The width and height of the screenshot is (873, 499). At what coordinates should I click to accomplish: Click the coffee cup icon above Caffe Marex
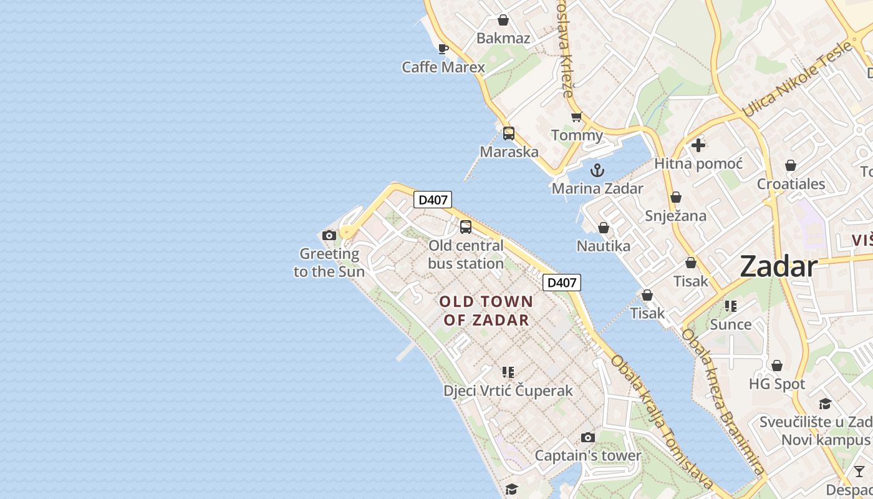pos(443,49)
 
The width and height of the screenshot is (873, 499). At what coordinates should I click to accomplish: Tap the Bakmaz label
pos(503,38)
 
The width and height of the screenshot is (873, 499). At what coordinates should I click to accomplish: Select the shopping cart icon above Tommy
pos(576,117)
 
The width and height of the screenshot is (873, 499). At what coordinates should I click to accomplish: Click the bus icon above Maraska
pos(509,133)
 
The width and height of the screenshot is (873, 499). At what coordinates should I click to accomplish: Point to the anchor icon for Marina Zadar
pos(597,170)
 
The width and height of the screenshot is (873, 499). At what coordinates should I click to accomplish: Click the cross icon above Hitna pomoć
pos(698,145)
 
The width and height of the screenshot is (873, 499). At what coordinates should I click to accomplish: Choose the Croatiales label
pos(791,184)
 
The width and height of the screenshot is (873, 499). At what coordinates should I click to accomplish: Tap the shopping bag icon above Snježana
pos(675,198)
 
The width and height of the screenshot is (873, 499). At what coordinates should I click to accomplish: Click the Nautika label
pos(603,246)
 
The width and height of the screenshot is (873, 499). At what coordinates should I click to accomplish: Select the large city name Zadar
pos(778,267)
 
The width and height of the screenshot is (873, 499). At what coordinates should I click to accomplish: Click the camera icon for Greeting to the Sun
pos(329,235)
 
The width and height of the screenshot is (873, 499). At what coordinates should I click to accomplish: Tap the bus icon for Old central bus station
pos(466,227)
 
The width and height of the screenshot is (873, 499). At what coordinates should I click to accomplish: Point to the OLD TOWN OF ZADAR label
pos(486,311)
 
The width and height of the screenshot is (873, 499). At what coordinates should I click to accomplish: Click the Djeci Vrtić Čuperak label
pos(508,391)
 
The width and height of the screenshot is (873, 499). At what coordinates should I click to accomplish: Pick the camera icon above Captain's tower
pos(587,437)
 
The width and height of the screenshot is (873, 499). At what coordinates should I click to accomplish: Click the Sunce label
pos(730,324)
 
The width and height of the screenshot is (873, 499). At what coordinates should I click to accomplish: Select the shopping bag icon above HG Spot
pos(777,366)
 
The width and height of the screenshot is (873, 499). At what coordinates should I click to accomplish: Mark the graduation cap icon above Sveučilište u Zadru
pos(825,404)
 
